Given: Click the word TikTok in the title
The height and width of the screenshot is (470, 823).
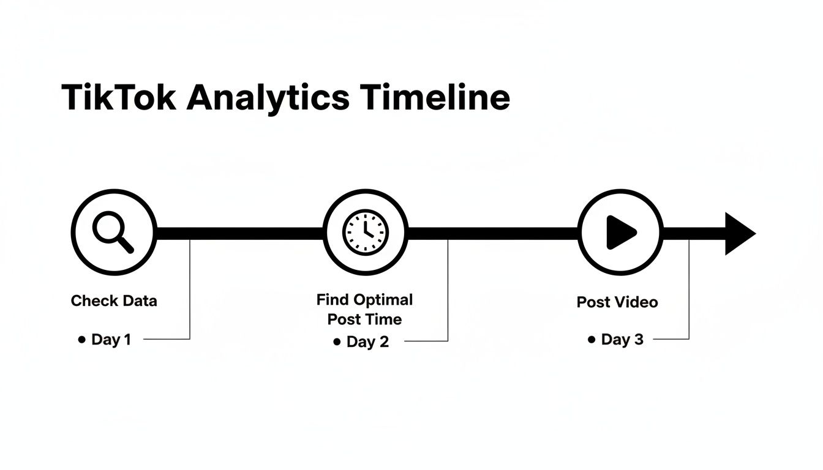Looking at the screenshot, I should (x=119, y=97).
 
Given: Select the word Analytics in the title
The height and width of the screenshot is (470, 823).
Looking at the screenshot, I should (x=268, y=97).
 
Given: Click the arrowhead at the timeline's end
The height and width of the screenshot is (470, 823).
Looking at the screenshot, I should (x=740, y=233).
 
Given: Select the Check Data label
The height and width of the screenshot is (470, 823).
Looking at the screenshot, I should (x=114, y=300).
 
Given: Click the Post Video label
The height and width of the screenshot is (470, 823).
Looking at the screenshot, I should (x=617, y=302).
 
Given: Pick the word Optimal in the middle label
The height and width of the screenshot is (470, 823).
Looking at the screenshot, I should (x=383, y=300).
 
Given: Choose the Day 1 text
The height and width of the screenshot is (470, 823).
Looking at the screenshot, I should (x=111, y=339).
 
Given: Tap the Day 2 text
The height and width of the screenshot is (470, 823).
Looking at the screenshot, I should (x=367, y=341).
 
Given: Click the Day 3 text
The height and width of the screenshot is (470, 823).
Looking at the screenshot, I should (x=622, y=340).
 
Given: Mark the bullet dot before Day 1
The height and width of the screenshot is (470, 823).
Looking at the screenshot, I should (x=82, y=340).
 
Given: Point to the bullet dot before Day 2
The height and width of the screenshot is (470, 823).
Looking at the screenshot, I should (x=337, y=342).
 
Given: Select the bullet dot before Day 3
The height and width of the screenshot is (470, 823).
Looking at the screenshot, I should (x=592, y=340).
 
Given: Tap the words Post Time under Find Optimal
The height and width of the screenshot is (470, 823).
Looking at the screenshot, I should (x=365, y=319).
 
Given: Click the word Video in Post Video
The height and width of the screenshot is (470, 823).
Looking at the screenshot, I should (x=636, y=302).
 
